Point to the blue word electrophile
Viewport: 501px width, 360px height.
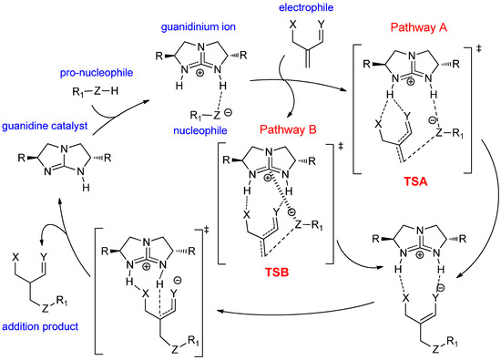pyautogui.click(x=273, y=11)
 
